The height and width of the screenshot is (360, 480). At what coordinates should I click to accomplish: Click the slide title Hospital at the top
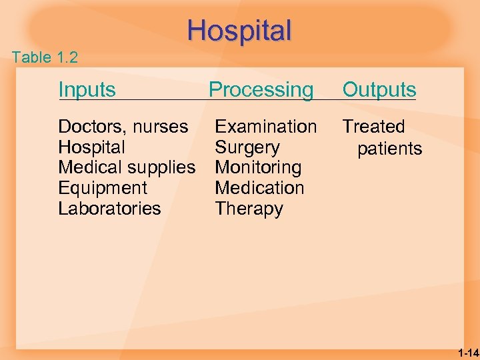pos(239,31)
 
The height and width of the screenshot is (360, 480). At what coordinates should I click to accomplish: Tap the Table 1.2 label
pos(45,57)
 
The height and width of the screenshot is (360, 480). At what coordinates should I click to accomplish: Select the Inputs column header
pos(87,89)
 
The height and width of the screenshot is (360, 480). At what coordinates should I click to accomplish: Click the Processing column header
pos(261,89)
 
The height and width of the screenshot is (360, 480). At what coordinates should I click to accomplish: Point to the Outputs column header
pos(379,89)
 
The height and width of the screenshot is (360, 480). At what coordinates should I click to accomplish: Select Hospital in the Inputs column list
pos(91,147)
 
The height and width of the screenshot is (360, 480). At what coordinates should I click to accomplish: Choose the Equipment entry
pos(103,188)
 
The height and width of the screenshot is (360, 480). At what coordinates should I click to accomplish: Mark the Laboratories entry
pos(109,209)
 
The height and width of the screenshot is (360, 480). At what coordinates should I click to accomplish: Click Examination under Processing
pos(265,127)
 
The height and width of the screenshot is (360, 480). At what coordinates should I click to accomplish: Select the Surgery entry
pos(247,147)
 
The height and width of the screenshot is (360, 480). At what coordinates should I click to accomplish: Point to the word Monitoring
pos(257,167)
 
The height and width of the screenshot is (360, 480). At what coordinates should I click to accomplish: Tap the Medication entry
pos(259,188)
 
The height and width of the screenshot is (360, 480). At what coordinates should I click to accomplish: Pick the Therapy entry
pos(249,209)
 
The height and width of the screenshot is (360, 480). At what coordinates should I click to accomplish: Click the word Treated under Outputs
pos(373,127)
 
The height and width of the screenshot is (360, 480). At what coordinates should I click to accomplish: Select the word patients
pos(389,149)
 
